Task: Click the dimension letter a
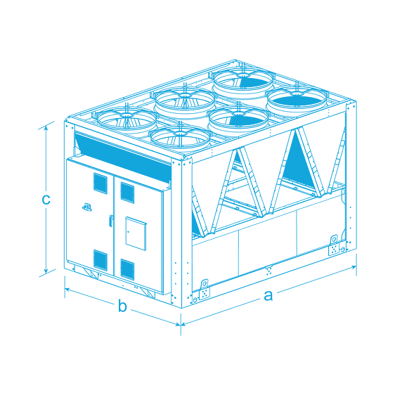pos(268,296)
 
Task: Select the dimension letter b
pos(122,306)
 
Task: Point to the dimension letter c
pos(46,200)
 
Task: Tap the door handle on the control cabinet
pos(110,221)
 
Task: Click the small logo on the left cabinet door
pos(87,207)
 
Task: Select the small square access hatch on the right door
pos(136,233)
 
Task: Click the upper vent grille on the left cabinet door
pos(101,183)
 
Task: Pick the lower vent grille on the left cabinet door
pos(101,260)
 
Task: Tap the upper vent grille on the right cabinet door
pos(127,193)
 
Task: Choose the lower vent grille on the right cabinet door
pos(127,270)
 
